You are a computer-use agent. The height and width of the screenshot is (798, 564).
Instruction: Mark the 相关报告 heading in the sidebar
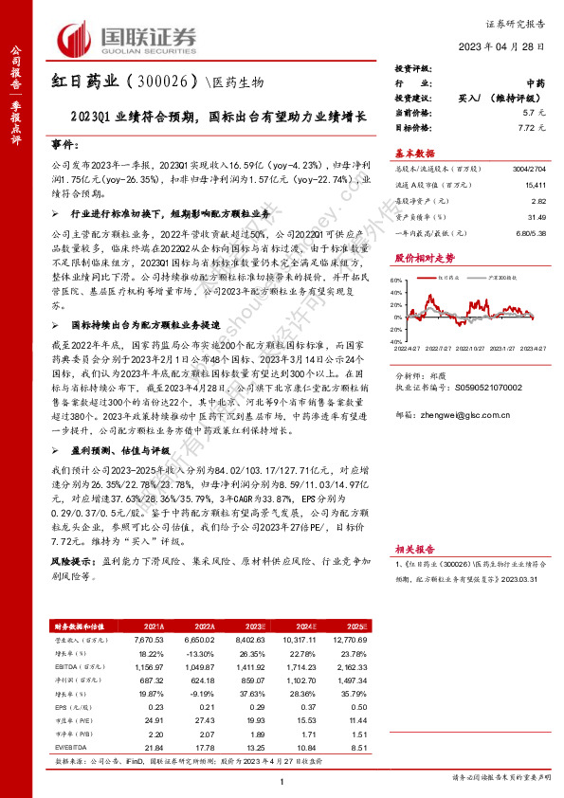(x=414, y=574)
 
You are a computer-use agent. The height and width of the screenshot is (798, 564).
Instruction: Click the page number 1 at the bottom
(x=282, y=779)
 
